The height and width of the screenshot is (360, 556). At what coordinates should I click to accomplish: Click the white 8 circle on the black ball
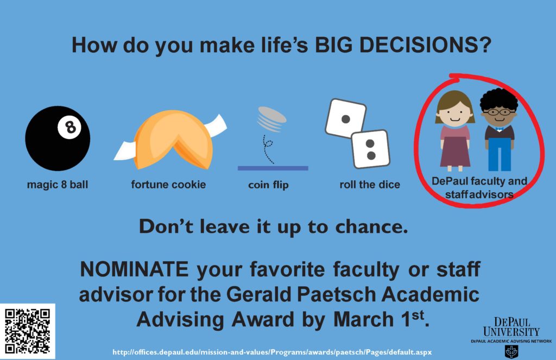pos(69,127)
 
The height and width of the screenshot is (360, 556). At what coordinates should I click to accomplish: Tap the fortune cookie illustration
pos(170,140)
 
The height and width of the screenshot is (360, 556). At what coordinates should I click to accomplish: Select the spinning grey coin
pos(272,119)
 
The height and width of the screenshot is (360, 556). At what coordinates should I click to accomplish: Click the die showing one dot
pos(345,118)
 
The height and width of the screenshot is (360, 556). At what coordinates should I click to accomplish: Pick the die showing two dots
pos(370,149)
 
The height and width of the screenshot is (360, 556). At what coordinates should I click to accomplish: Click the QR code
pos(27,331)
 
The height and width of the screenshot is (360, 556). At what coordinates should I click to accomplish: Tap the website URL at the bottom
pos(272,352)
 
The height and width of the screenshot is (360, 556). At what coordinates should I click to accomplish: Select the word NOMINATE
pos(134,269)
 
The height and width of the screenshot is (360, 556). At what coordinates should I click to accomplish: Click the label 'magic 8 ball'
pos(58,185)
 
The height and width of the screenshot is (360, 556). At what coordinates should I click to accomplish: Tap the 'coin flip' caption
pos(268,185)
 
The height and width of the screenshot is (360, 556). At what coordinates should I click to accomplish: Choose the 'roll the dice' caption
pos(369,185)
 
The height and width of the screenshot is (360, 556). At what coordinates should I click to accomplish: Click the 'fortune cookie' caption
pos(168,185)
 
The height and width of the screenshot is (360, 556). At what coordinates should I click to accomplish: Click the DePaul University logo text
pos(511,327)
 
